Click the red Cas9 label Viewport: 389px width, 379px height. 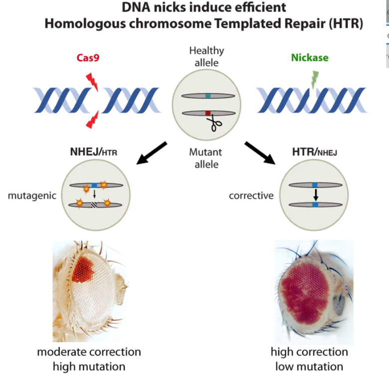coord(88,57)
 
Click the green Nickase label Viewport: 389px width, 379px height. coord(310,57)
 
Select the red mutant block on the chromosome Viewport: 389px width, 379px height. coord(208,113)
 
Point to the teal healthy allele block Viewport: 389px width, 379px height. coord(208,96)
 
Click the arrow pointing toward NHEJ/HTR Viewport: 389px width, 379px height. coord(152,153)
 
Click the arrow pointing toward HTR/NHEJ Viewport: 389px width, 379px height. coord(260,153)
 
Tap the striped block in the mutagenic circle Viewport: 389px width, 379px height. coord(94,205)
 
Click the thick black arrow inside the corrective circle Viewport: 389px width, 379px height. coord(316,195)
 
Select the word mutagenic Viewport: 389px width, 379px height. coord(32,195)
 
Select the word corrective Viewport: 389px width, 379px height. coord(251,195)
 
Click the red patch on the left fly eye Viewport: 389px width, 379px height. coord(83,270)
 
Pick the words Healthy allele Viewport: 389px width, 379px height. coord(206,56)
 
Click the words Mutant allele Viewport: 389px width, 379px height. coord(205,158)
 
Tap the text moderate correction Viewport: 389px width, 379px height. coord(89,352)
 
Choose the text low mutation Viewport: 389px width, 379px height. coord(309,367)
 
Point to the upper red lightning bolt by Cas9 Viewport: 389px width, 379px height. coord(92,82)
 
